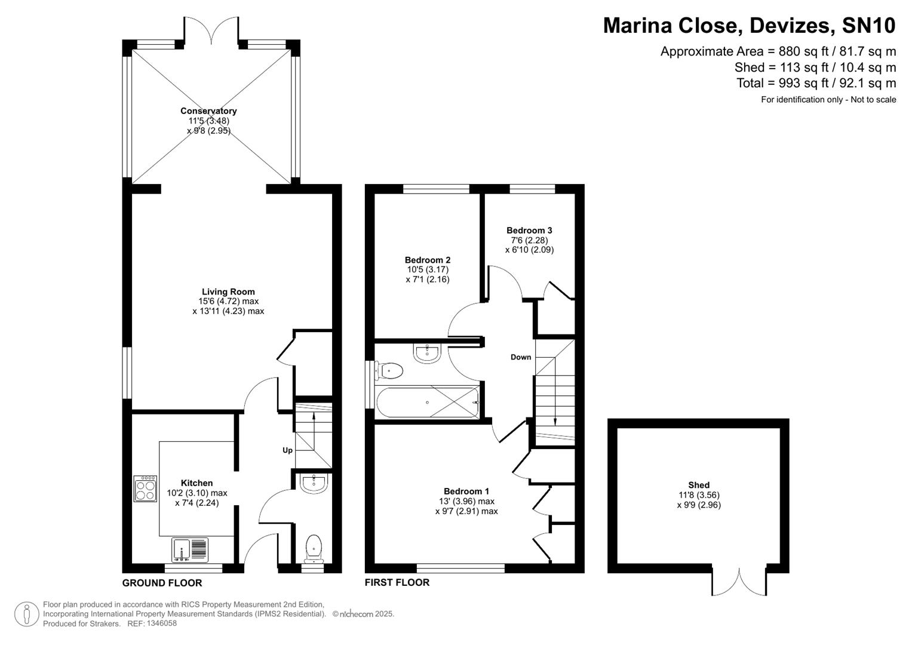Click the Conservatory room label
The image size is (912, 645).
click(208, 110)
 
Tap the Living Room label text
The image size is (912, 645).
click(228, 291)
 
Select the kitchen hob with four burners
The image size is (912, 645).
click(145, 488)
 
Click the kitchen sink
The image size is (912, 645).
click(190, 550)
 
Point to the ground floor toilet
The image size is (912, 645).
click(314, 548)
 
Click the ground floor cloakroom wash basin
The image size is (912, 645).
click(313, 483)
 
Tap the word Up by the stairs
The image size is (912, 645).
click(287, 450)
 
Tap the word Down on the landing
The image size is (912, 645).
click(520, 357)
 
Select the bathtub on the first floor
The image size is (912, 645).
click(428, 403)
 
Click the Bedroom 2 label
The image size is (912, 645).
click(427, 260)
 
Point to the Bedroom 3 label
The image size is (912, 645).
click(529, 230)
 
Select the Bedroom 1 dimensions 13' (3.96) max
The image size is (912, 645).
click(466, 502)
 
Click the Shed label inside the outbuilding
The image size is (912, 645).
click(698, 485)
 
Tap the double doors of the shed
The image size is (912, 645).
click(739, 582)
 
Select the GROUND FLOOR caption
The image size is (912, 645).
click(162, 583)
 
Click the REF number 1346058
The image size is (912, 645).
click(161, 623)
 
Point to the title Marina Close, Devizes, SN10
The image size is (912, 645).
click(749, 26)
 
